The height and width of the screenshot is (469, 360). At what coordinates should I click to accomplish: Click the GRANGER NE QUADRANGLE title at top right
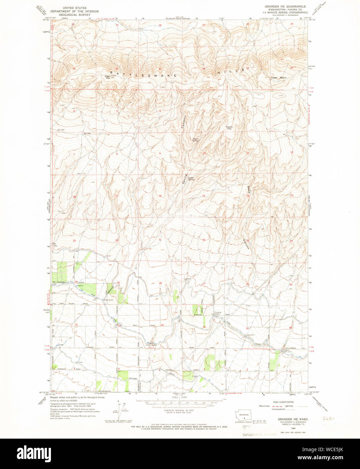click(285, 6)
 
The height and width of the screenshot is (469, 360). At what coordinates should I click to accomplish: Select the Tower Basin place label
click(279, 78)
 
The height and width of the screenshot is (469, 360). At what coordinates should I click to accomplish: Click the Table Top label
click(229, 128)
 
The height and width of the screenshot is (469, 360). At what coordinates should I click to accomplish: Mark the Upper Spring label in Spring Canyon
click(195, 139)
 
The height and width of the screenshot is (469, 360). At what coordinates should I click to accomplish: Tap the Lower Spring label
click(191, 178)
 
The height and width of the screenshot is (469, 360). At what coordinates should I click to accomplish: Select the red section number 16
click(160, 196)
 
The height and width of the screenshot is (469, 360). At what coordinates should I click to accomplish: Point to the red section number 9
click(160, 154)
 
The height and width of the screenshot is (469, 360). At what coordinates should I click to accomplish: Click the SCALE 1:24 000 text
click(179, 397)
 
